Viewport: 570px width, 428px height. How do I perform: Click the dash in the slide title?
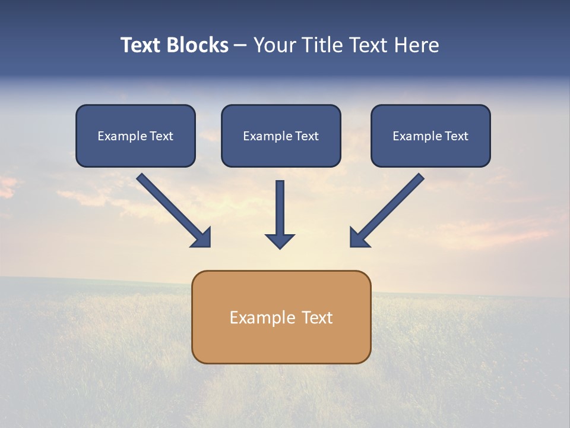click(240, 46)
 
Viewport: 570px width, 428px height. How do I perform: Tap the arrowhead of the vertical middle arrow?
click(280, 240)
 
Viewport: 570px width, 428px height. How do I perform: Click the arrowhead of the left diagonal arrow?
click(202, 238)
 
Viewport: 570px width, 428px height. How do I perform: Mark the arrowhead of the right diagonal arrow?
click(358, 238)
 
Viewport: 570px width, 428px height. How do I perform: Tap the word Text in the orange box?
click(318, 318)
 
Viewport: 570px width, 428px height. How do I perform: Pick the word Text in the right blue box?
click(456, 136)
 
